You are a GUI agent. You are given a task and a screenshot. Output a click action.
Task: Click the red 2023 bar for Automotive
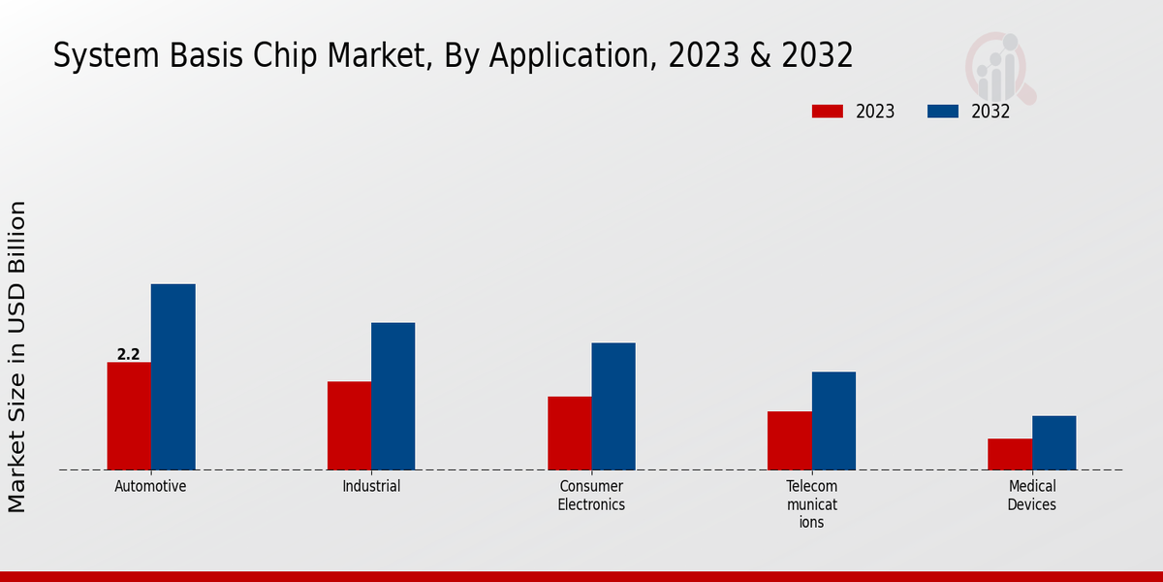point(129,416)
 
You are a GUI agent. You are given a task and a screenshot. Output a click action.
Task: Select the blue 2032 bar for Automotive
point(173,377)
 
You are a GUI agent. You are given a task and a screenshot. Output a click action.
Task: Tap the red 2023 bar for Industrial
point(349,426)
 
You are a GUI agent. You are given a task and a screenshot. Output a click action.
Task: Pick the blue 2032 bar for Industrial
point(393,397)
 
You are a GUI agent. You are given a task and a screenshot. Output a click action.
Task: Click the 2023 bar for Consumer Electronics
point(569,434)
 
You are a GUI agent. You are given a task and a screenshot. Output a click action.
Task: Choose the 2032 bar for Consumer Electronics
point(613,406)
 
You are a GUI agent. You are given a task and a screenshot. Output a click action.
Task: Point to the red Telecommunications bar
point(789,440)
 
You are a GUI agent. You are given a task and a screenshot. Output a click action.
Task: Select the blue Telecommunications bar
point(833,421)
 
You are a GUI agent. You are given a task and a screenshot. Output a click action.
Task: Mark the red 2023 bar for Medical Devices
point(1010,454)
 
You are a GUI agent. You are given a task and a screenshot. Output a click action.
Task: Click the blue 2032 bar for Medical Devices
point(1053,443)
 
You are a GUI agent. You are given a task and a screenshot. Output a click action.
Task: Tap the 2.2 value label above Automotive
point(128,355)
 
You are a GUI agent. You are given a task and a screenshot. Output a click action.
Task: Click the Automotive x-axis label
point(150,486)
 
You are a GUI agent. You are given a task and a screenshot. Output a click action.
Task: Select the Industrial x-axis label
point(371,486)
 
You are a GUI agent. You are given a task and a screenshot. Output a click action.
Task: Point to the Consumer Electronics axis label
point(591,495)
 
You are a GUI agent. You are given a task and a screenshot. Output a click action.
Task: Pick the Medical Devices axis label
point(1031,495)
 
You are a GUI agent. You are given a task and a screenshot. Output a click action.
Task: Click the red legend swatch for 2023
point(827,112)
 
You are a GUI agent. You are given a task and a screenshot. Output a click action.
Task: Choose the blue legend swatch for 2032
point(943,112)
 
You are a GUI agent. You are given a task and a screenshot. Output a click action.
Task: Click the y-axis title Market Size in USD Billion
point(17,356)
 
